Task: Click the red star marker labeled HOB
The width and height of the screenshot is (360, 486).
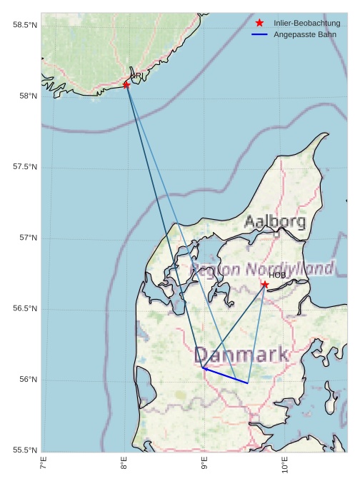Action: (265, 285)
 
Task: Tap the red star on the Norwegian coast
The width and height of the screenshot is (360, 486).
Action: (126, 85)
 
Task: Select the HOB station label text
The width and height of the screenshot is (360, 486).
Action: (277, 275)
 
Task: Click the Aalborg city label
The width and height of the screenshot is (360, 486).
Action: (275, 222)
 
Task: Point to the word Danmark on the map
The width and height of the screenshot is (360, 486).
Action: (241, 354)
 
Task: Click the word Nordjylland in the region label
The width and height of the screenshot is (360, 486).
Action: (289, 268)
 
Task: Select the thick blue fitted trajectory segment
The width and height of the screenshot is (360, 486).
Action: (226, 376)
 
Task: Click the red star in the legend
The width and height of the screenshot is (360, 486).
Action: (259, 23)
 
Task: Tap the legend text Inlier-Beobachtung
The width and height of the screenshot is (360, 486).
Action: (306, 24)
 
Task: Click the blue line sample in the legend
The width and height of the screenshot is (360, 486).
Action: (259, 34)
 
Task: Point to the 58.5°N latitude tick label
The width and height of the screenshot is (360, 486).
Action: (24, 25)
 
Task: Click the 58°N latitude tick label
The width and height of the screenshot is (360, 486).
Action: (26, 96)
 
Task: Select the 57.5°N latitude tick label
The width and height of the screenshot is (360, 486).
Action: (24, 167)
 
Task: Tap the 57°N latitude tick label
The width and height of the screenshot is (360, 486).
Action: (26, 238)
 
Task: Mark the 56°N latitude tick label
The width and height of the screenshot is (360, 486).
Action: (26, 379)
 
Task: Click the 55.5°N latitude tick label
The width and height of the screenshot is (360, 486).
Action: (24, 450)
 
